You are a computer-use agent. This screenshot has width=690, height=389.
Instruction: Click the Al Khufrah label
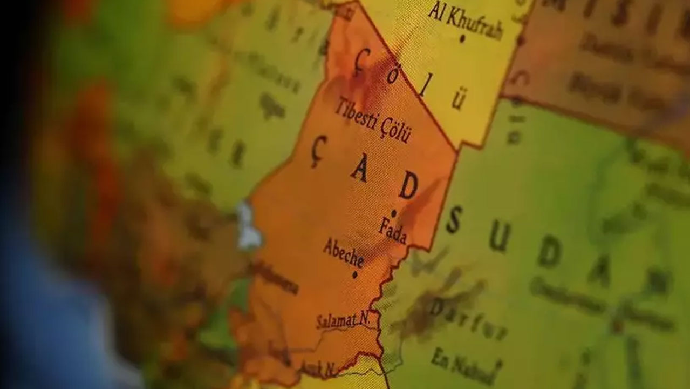pyautogui.click(x=466, y=21)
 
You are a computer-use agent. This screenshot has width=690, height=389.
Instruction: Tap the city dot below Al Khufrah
pyautogui.click(x=462, y=39)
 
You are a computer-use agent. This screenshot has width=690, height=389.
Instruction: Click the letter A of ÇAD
pyautogui.click(x=359, y=170)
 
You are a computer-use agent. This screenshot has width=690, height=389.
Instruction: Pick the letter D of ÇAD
pyautogui.click(x=408, y=187)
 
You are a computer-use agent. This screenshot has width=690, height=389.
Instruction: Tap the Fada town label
pyautogui.click(x=392, y=230)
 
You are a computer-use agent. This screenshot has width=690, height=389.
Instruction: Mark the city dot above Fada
pyautogui.click(x=394, y=212)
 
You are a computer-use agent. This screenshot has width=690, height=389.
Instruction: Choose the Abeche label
pyautogui.click(x=343, y=252)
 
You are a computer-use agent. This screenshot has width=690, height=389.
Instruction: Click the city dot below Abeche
pyautogui.click(x=354, y=274)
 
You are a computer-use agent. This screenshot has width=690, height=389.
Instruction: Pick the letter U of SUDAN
pyautogui.click(x=499, y=237)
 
